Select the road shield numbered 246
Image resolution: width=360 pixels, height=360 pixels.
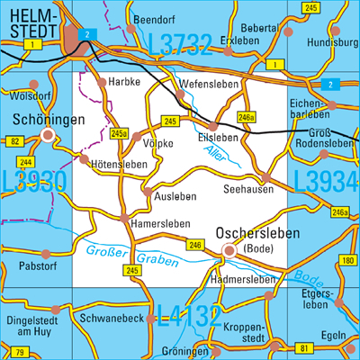[195, 245]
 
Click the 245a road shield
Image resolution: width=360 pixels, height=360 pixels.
[119, 133]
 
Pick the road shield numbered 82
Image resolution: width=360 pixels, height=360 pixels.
[13, 142]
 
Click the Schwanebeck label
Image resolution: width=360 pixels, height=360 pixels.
[113, 319]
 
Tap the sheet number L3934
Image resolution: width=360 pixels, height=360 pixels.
[325, 181]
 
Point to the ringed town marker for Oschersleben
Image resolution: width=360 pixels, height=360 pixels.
[229, 251]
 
